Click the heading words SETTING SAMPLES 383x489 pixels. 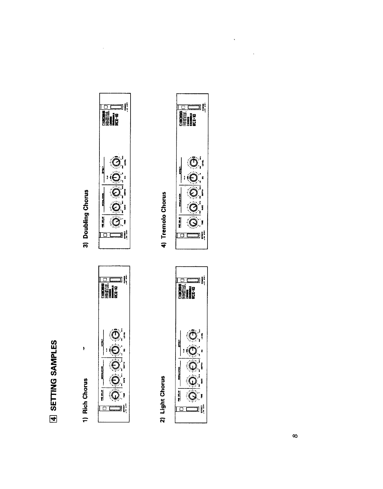53,375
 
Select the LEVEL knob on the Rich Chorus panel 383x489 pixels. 116,335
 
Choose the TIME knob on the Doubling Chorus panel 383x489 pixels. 116,222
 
